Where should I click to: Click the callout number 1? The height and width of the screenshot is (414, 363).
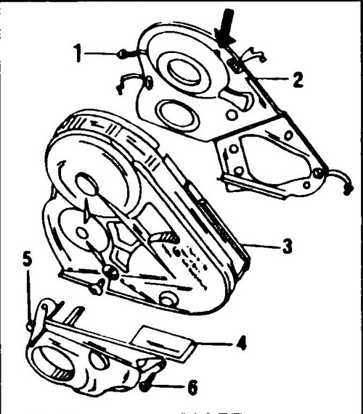(x=78, y=53)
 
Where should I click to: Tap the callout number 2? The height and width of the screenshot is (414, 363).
(x=298, y=80)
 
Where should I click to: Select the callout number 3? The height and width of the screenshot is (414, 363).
(x=287, y=246)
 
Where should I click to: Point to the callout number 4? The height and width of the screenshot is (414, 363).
(x=241, y=343)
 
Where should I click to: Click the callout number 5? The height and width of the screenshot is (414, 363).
(x=28, y=259)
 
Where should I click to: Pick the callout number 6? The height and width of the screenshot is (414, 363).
(x=192, y=388)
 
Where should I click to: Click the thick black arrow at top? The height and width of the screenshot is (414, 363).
(x=226, y=28)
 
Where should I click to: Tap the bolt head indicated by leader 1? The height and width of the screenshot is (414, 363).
(x=121, y=54)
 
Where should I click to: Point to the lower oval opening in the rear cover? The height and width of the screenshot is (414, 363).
(x=176, y=114)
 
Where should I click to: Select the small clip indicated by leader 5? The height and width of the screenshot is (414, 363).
(x=30, y=326)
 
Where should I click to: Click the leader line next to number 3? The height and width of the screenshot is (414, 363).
(x=263, y=246)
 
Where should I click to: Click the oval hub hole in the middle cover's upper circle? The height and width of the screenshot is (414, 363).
(x=86, y=183)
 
